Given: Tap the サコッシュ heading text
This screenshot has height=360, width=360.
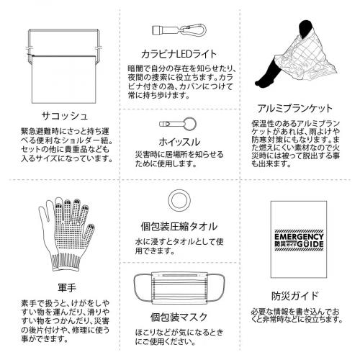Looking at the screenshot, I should tap(63, 114).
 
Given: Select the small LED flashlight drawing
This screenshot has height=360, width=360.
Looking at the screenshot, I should tap(161, 30).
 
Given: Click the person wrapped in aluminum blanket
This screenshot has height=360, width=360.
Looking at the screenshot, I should tap(295, 61).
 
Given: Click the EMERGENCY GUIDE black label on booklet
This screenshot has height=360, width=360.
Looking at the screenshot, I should tap(296, 240).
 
